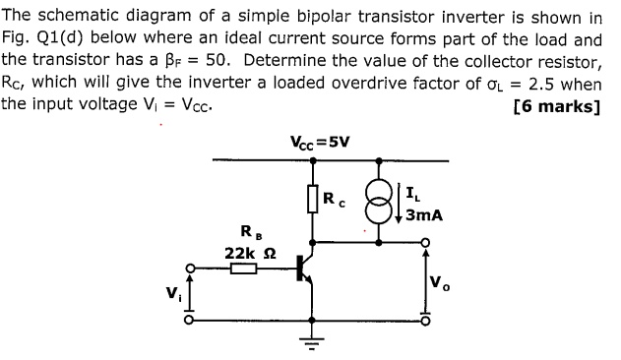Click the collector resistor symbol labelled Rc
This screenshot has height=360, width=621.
pos(314,198)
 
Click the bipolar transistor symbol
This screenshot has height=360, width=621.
pos(305,271)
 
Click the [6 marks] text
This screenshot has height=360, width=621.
pos(557,106)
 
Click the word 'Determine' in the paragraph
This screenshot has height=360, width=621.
pos(285,61)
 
